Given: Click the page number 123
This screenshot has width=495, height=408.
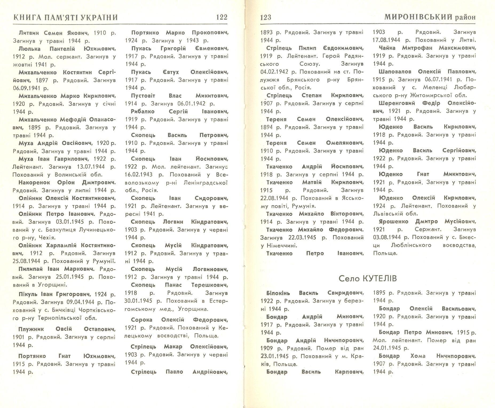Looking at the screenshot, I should point(265,18).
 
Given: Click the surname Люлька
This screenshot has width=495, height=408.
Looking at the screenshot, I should point(29,49).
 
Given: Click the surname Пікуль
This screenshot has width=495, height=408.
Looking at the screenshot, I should point(27,294).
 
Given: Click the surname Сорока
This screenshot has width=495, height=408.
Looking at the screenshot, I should point(141,320).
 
